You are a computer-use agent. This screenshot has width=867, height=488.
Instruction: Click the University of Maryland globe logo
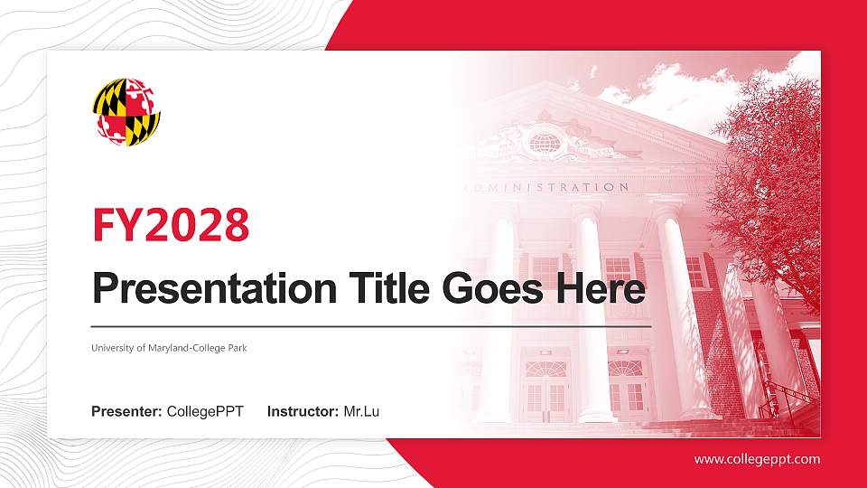[x=126, y=111]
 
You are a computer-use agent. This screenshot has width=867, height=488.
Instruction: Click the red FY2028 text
[x=171, y=225]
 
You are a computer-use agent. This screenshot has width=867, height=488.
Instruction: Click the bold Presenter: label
[x=126, y=412]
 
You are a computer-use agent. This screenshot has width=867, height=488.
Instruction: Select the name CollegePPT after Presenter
[x=205, y=412]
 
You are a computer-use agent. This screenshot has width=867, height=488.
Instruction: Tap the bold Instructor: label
[x=303, y=412]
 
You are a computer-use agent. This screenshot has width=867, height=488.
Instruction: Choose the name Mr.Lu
[x=361, y=412]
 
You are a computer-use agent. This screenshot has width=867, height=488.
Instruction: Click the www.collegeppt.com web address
[x=757, y=459]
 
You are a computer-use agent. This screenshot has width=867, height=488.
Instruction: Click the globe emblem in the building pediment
[x=545, y=142]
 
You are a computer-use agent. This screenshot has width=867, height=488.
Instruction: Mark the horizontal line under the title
[x=370, y=324]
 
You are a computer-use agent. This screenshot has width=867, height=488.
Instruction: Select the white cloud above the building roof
[x=686, y=86]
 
